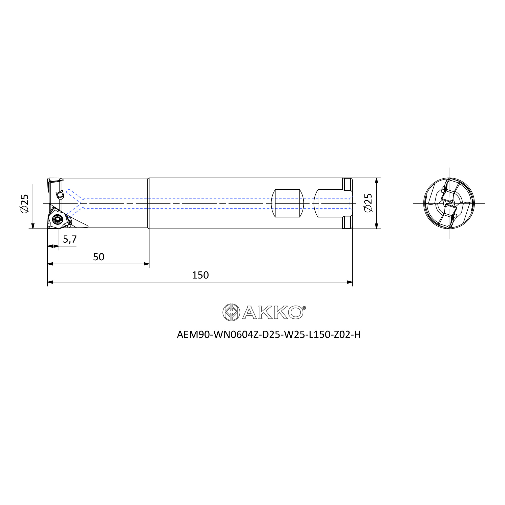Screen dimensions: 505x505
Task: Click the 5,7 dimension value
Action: pos(70,239)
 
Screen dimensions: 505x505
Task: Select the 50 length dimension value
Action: pos(98,257)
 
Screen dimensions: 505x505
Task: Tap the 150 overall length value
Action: pos(200,275)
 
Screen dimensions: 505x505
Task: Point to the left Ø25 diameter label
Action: pos(24,204)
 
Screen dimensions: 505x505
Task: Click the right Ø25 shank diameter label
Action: pos(368,203)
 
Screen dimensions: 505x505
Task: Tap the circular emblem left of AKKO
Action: pos(231,312)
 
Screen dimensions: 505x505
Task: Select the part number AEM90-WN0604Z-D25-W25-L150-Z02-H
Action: pos(269,335)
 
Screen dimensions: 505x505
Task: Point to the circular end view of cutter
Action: pos(449,203)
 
